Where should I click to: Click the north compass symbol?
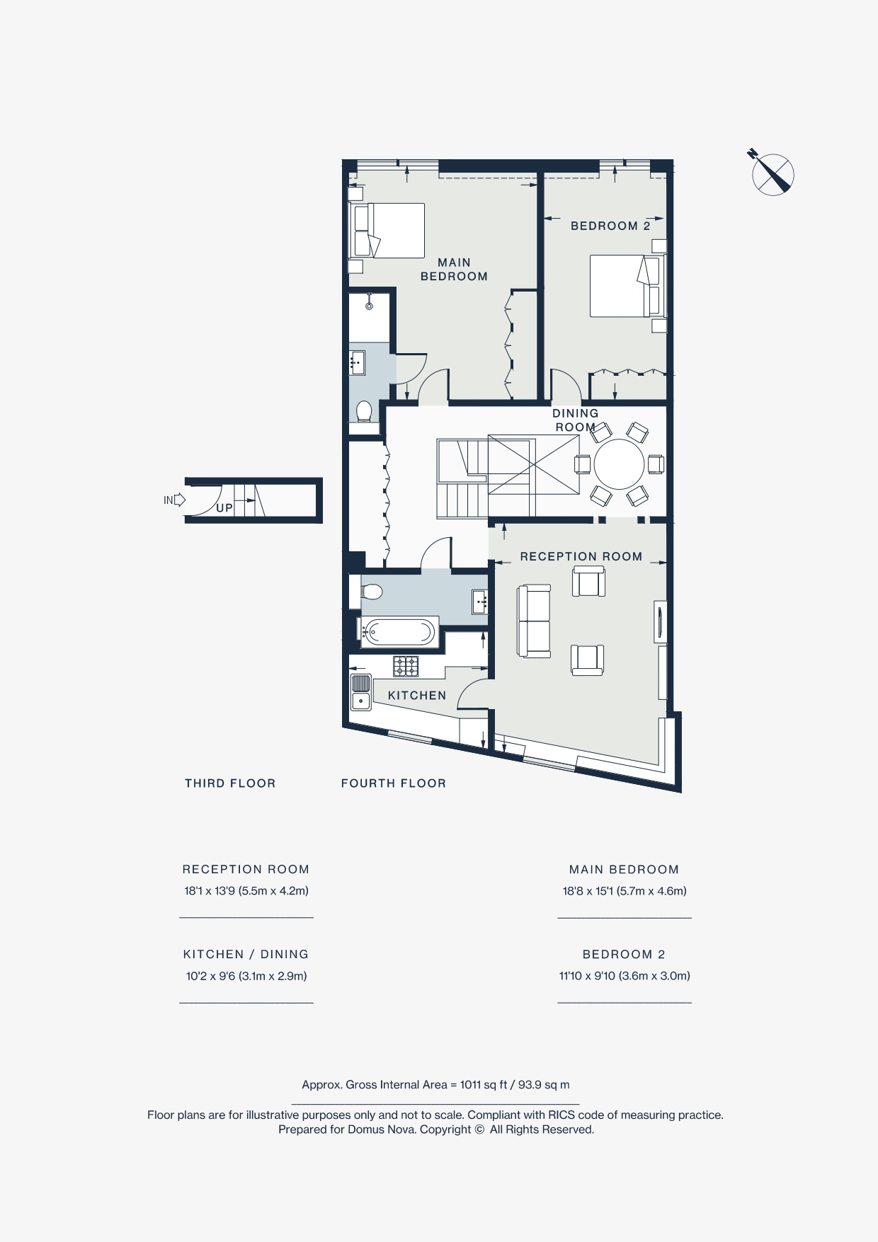pyautogui.click(x=772, y=174)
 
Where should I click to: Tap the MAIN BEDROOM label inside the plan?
pyautogui.click(x=454, y=270)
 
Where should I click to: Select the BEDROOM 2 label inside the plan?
pyautogui.click(x=610, y=226)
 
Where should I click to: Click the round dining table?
pyautogui.click(x=619, y=464)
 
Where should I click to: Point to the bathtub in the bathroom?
pyautogui.click(x=399, y=632)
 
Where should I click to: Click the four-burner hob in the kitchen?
pyautogui.click(x=406, y=666)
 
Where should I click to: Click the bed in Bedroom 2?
pyautogui.click(x=626, y=286)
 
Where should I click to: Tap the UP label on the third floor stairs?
pyautogui.click(x=224, y=508)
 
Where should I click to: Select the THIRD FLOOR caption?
pyautogui.click(x=230, y=783)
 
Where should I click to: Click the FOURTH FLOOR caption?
pyautogui.click(x=394, y=783)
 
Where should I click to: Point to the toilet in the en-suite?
pyautogui.click(x=364, y=411)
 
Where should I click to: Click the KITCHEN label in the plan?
pyautogui.click(x=417, y=696)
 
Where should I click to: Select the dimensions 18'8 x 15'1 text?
pyautogui.click(x=625, y=891)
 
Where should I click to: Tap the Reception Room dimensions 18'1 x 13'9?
pyautogui.click(x=246, y=891)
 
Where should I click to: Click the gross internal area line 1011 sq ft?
pyautogui.click(x=435, y=1085)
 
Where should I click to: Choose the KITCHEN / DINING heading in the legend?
pyautogui.click(x=246, y=955)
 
